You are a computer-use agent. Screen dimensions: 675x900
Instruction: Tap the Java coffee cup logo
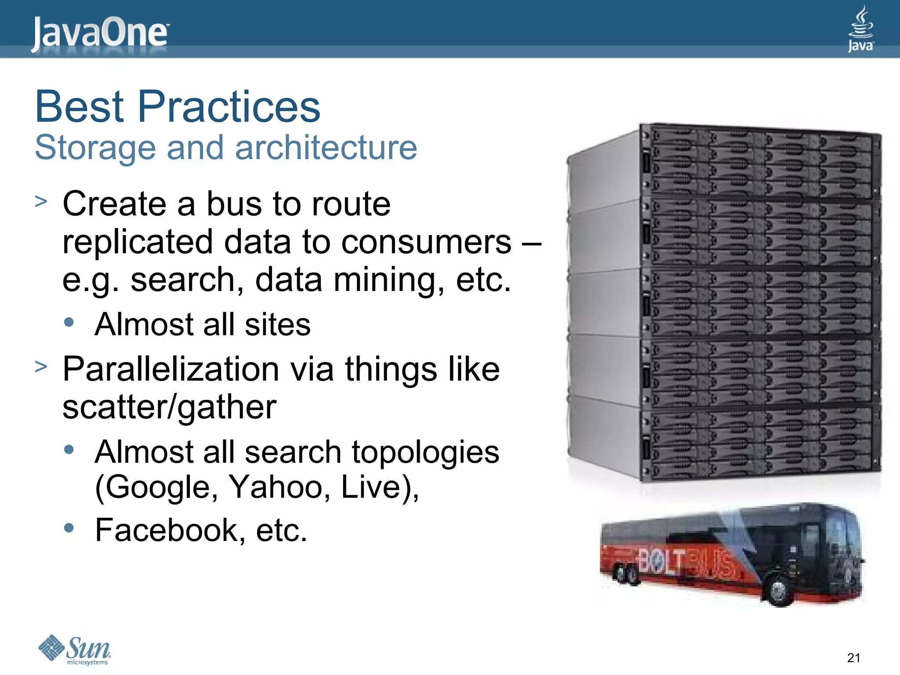860,29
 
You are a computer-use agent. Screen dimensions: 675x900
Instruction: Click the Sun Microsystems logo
75,650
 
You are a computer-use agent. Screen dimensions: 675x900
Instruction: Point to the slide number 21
853,658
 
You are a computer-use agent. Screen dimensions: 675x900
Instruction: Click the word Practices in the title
229,107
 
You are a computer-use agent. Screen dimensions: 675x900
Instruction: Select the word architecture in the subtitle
326,148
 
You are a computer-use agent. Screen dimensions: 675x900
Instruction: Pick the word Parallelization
171,369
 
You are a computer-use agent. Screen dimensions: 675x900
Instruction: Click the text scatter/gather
169,407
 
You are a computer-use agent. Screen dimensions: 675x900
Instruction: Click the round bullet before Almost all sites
69,322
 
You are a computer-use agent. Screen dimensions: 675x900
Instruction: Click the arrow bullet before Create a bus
41,202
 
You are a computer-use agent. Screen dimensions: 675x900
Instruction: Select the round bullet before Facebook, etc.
69,527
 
